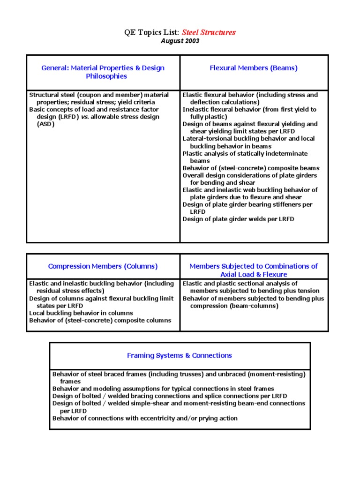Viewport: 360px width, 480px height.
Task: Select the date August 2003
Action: click(x=180, y=41)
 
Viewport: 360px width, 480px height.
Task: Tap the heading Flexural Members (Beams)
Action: click(x=254, y=68)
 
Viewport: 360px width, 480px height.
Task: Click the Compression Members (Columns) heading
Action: click(x=103, y=266)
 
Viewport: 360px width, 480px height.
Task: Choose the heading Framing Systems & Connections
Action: click(x=180, y=355)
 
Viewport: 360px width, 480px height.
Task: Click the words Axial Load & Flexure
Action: click(x=254, y=274)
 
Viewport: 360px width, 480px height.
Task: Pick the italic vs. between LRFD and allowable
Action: click(x=83, y=117)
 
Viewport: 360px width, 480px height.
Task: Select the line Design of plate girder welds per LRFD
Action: click(x=238, y=219)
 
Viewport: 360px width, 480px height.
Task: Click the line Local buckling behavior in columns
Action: click(x=81, y=313)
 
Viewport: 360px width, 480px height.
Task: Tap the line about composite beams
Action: click(x=251, y=168)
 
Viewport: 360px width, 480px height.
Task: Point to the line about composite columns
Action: click(x=100, y=321)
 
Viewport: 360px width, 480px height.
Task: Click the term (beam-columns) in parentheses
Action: click(x=257, y=306)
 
